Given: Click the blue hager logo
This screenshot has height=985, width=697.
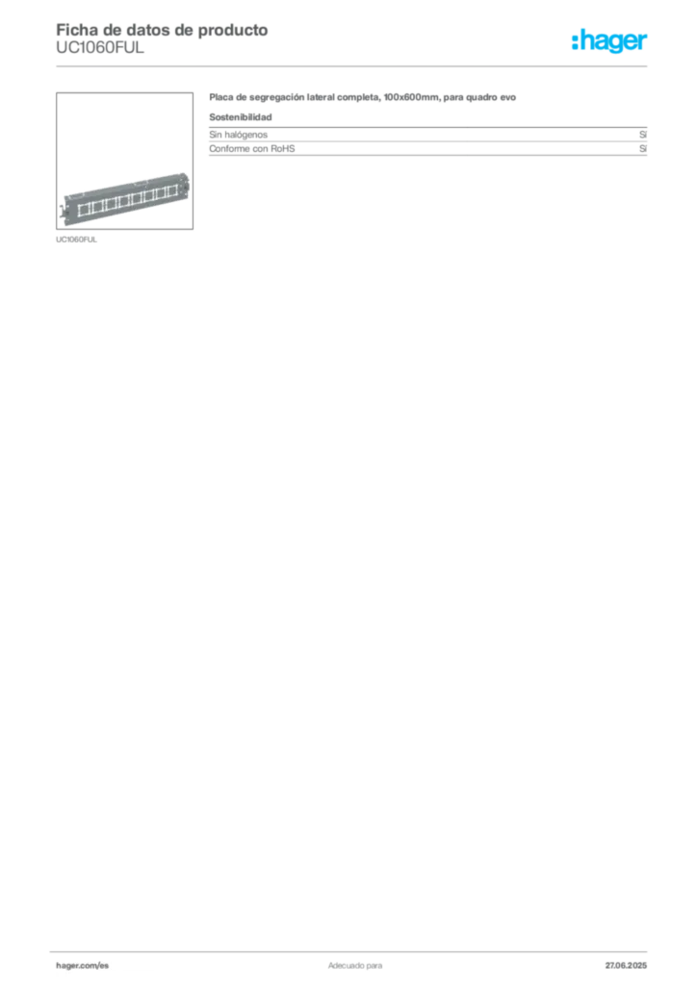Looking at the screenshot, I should point(611,42).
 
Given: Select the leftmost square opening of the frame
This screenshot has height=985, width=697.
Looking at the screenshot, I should point(84,207).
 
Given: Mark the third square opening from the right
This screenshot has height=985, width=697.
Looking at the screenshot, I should point(149,194).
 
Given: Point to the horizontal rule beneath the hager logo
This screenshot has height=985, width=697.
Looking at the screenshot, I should point(385,64).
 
